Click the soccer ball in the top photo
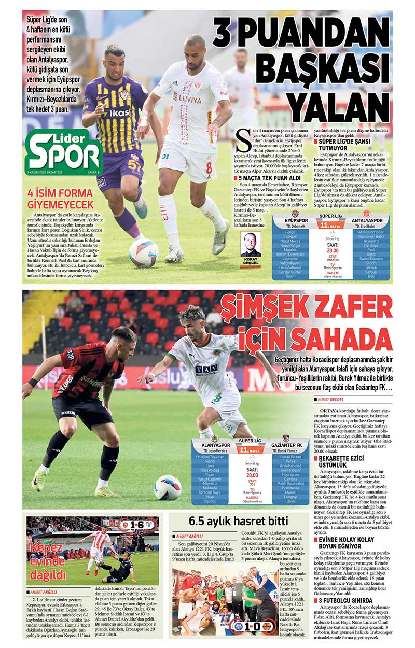144,253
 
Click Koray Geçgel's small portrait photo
251,244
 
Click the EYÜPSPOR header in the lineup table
296,220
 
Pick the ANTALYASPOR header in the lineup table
367,220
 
